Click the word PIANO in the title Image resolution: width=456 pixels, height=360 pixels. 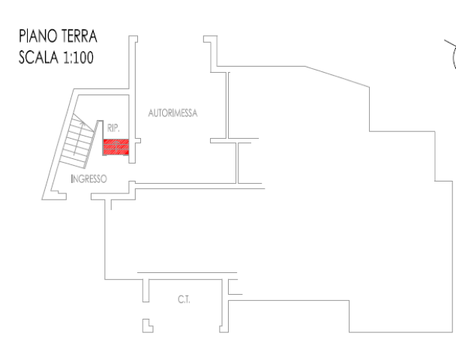(37, 36)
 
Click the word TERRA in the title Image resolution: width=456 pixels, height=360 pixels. (79, 36)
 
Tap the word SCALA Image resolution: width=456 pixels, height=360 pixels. (39, 57)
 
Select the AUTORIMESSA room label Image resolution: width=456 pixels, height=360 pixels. (172, 112)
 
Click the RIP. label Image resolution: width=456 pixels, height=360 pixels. (113, 128)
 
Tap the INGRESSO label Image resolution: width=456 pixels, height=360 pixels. (89, 178)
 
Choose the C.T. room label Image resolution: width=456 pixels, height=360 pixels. (184, 299)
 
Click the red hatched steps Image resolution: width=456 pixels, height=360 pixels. (116, 147)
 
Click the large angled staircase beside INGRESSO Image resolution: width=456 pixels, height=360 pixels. (78, 141)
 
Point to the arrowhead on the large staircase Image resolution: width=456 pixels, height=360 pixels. (82, 123)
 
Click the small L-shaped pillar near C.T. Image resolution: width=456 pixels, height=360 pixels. (148, 325)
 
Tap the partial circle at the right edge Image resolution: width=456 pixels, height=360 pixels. (454, 58)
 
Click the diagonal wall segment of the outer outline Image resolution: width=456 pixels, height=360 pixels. (337, 76)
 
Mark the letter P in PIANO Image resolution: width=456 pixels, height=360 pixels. (22, 36)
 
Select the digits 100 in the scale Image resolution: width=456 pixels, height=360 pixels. (83, 57)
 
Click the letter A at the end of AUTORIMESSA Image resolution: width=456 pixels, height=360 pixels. (195, 112)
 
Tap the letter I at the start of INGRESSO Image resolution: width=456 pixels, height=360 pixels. (72, 178)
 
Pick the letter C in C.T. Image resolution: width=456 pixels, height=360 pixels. (180, 299)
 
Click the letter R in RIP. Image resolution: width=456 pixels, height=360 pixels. (109, 128)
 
